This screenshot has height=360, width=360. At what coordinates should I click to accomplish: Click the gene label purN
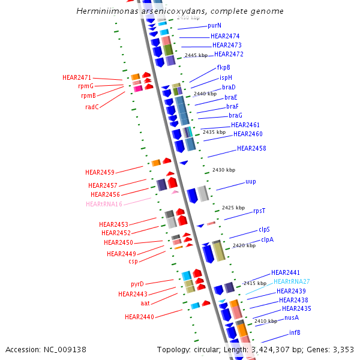pyautogui.click(x=214, y=26)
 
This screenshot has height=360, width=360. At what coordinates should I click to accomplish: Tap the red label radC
pyautogui.click(x=92, y=107)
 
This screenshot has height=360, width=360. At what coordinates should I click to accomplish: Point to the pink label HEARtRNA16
pyautogui.click(x=104, y=204)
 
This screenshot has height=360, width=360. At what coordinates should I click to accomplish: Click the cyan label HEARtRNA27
pyautogui.click(x=292, y=281)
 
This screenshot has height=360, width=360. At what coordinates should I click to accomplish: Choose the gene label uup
pyautogui.click(x=250, y=181)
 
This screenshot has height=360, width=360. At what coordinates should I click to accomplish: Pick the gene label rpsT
pyautogui.click(x=259, y=211)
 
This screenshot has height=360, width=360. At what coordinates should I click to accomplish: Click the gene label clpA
pyautogui.click(x=267, y=239)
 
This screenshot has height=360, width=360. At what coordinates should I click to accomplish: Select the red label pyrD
pyautogui.click(x=137, y=283)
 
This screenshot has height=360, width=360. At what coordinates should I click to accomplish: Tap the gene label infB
pyautogui.click(x=295, y=332)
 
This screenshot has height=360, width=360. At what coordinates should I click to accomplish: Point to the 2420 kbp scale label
pyautogui.click(x=244, y=245)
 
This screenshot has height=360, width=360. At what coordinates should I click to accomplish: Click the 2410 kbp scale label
pyautogui.click(x=266, y=321)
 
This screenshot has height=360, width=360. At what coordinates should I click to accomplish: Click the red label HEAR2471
pyautogui.click(x=77, y=77)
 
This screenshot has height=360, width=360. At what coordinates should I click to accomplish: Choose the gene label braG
pyautogui.click(x=235, y=115)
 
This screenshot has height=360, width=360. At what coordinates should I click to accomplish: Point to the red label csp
pyautogui.click(x=133, y=261)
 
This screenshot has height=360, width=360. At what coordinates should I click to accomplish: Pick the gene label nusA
pyautogui.click(x=292, y=317)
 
